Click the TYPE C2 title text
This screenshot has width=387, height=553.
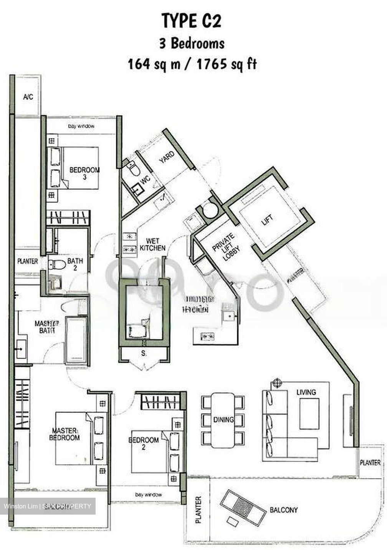(x=192, y=20)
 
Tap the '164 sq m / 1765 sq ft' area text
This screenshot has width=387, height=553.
(x=192, y=64)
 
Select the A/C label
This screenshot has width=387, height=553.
(x=28, y=97)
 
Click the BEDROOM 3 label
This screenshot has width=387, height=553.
(x=84, y=173)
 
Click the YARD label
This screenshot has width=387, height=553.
(x=167, y=157)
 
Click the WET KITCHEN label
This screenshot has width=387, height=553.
(x=152, y=245)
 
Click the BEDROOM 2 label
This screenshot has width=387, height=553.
(x=144, y=443)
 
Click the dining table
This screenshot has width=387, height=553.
(x=223, y=420)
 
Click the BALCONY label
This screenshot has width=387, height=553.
(x=284, y=510)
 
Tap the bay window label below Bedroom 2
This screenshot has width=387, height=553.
(x=148, y=495)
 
